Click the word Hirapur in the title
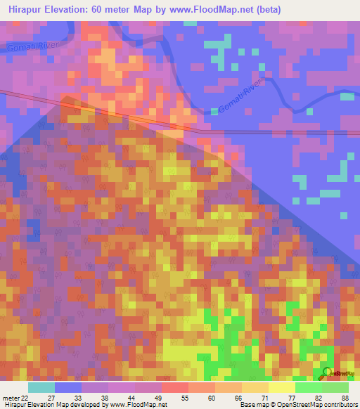tap(25, 8)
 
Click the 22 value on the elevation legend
tap(25, 379)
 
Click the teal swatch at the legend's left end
tap(41, 388)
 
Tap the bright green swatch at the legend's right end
tap(335, 388)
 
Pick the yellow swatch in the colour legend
tap(281, 388)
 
